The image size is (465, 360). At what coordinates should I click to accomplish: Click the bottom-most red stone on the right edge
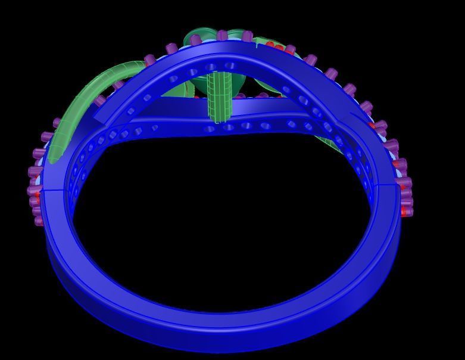tap(407, 210)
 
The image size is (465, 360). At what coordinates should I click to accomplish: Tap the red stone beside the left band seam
tap(37, 195)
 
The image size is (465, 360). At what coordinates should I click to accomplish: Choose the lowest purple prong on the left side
tap(39, 221)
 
